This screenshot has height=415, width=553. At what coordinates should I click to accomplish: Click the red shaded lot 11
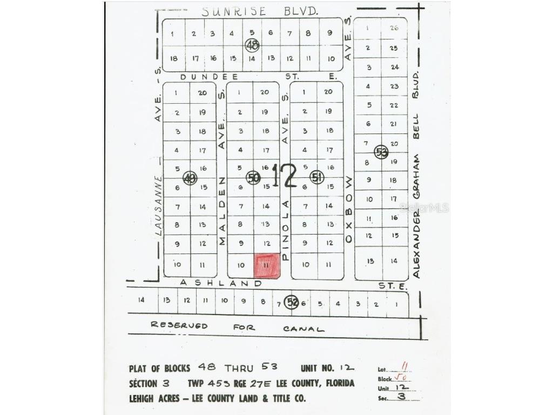tap(267, 266)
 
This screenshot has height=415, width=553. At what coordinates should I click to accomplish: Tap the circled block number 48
tap(252, 45)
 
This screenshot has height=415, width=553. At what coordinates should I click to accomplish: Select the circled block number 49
tap(190, 178)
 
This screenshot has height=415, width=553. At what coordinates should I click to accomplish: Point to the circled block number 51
tap(317, 177)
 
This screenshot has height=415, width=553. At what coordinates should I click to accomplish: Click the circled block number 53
tap(381, 151)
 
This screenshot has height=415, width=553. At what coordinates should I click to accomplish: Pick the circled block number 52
tap(292, 303)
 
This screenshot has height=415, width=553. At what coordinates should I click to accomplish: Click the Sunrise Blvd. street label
tap(259, 11)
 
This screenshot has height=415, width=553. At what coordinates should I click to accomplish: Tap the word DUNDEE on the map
tap(202, 77)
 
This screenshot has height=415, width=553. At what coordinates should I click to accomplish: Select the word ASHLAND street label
tap(221, 283)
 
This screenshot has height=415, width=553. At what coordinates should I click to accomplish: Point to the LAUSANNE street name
tap(158, 206)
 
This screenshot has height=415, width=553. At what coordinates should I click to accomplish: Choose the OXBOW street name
tap(349, 208)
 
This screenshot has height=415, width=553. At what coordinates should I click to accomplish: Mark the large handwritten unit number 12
tap(284, 176)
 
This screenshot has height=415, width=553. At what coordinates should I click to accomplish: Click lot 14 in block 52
tap(141, 300)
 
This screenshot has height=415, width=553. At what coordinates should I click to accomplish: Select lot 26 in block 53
tap(394, 29)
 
